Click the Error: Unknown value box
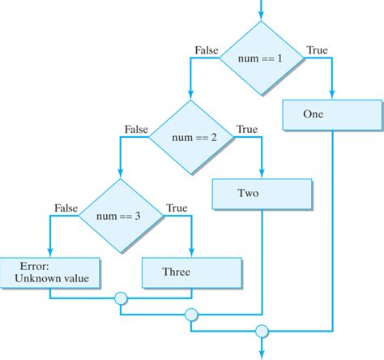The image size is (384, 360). pyautogui.click(x=50, y=272)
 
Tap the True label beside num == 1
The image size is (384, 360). pyautogui.click(x=317, y=50)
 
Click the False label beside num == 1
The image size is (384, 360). pyautogui.click(x=207, y=50)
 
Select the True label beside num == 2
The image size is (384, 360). pyautogui.click(x=246, y=129)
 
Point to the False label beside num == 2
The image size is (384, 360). pyautogui.click(x=136, y=129)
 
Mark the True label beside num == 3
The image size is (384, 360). pyautogui.click(x=176, y=208)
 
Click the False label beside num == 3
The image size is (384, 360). pyautogui.click(x=66, y=208)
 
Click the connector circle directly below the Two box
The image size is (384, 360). pyautogui.click(x=191, y=315)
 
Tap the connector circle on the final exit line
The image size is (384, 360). pyautogui.click(x=262, y=331)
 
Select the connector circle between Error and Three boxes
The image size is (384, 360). pyautogui.click(x=121, y=299)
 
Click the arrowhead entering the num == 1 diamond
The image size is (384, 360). pyautogui.click(x=261, y=16)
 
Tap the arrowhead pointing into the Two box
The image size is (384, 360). pyautogui.click(x=262, y=176)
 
